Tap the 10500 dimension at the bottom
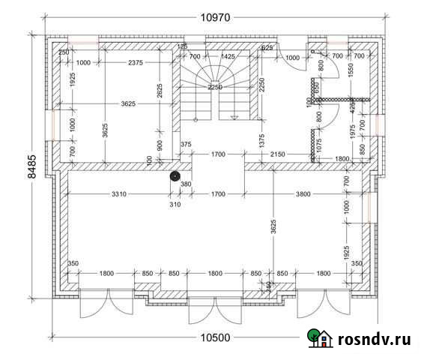215,337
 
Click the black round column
175,176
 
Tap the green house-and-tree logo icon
321,340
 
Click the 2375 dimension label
136,62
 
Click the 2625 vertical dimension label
160,91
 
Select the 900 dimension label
160,144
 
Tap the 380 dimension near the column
185,184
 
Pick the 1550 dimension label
351,73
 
